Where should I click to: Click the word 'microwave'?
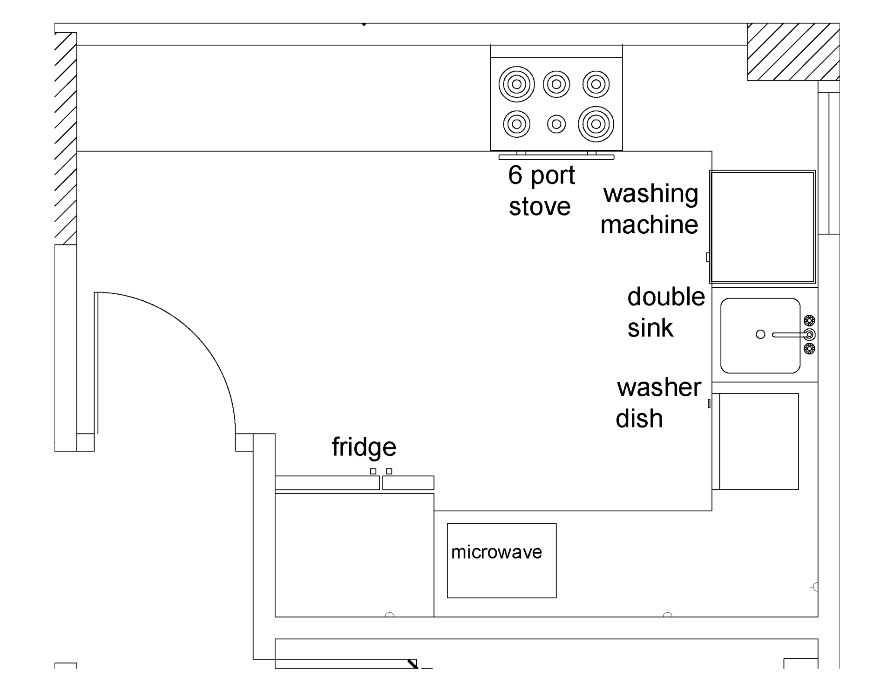pos(496,552)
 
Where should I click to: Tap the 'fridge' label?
pos(364,447)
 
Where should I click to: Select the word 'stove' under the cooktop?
pos(539,207)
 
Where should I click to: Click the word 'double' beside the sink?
pos(666,297)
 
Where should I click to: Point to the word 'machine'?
pos(649,224)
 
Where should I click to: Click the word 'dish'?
pos(639,418)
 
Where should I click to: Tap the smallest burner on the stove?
pos(556,124)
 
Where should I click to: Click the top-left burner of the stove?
pos(516,84)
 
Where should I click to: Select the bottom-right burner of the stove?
pos(596,124)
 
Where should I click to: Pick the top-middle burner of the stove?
pos(556,84)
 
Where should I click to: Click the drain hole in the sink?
pos(760,334)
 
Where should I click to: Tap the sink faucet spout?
pos(790,335)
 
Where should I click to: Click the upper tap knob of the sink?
pos(810,320)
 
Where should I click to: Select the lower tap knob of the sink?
pos(810,348)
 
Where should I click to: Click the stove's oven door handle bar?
pos(556,157)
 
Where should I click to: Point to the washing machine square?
pos(762,227)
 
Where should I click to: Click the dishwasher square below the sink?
pos(759,441)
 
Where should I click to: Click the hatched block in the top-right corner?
pos(793,52)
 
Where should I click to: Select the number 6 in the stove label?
pos(515,175)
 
